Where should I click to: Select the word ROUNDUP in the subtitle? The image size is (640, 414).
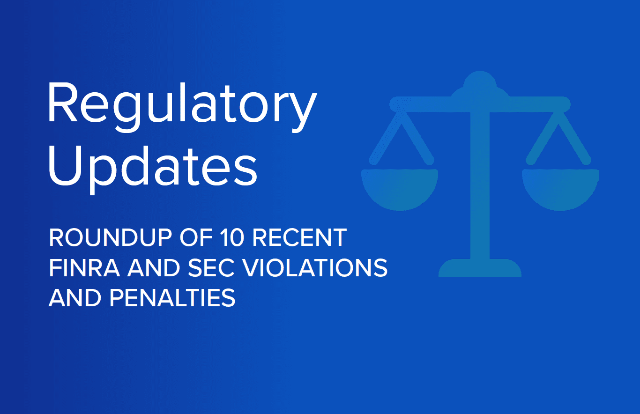click(111, 237)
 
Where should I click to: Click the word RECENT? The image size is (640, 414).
click(299, 237)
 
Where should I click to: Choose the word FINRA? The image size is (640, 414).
click(85, 267)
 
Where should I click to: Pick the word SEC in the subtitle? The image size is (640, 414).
click(211, 267)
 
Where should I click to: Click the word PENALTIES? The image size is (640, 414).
click(172, 298)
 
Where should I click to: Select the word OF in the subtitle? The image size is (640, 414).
click(196, 237)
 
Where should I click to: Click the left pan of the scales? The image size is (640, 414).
click(400, 190)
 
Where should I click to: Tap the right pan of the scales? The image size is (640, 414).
click(560, 190)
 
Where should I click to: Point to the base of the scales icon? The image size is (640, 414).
click(480, 268)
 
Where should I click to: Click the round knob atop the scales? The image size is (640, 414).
click(480, 81)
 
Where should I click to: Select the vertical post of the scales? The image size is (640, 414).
click(480, 185)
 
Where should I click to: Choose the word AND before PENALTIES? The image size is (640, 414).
click(75, 298)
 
